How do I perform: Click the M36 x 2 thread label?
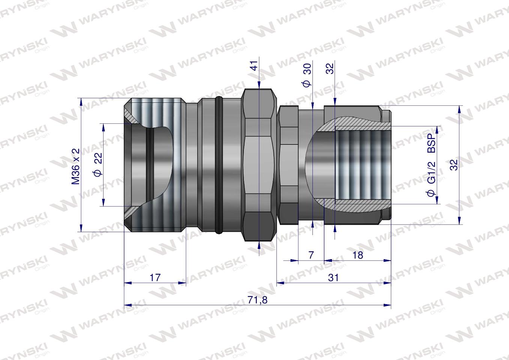point(76,166)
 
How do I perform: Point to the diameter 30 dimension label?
point(307,75)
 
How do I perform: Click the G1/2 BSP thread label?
point(432,165)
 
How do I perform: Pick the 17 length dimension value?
point(155,277)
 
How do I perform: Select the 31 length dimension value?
point(333,277)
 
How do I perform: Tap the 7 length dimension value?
point(311,255)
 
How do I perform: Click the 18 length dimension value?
point(358,255)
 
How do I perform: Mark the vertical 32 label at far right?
point(454,165)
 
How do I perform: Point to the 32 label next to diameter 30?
point(330,69)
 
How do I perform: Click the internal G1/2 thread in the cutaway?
point(360,165)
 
